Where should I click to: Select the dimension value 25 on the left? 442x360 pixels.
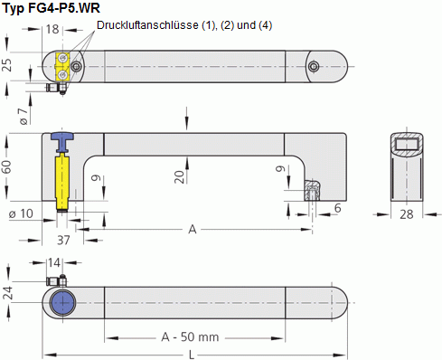(7, 64)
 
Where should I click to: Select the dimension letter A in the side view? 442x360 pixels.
(193, 230)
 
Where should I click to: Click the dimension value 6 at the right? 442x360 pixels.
(338, 208)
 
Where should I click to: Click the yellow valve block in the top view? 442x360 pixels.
(63, 65)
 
